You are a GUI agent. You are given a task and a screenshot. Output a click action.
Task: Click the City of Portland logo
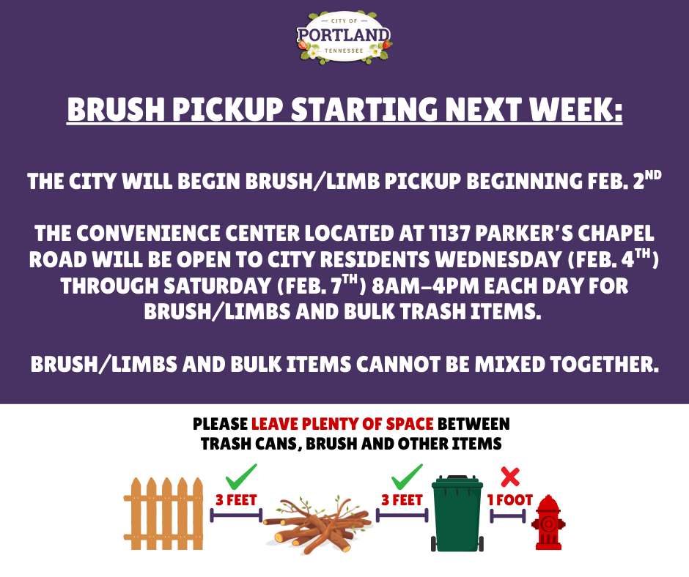[x=344, y=38]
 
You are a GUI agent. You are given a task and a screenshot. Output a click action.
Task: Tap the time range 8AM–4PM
[x=425, y=286]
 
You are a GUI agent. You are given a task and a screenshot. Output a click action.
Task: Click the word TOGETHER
[x=603, y=364]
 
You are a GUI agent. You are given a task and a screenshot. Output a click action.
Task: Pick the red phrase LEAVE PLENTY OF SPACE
[x=342, y=424]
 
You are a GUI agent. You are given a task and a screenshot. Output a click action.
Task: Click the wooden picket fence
[x=163, y=513]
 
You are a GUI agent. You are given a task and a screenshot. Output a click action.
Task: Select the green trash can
[x=457, y=513]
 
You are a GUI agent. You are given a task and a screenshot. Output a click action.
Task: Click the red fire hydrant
[x=548, y=523]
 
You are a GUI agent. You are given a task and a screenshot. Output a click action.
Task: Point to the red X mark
[x=510, y=477]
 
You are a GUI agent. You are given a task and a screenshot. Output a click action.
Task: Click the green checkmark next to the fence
[x=241, y=477]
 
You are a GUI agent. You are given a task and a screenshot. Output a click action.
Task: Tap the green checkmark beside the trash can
[x=407, y=477]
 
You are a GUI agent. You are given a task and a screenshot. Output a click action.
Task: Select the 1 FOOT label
[x=509, y=500]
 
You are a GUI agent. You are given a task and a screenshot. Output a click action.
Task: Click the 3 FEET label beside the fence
[x=236, y=500]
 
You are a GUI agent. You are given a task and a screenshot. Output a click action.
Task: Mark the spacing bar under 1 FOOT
[x=507, y=516]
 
